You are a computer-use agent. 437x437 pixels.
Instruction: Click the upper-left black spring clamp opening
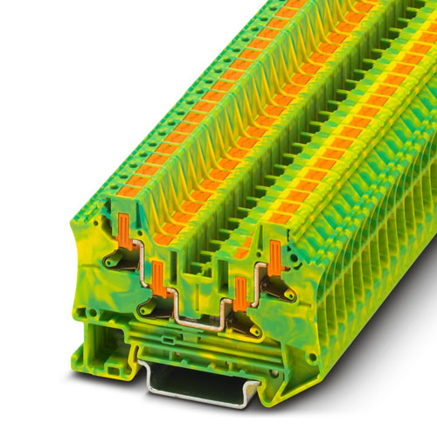116,260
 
